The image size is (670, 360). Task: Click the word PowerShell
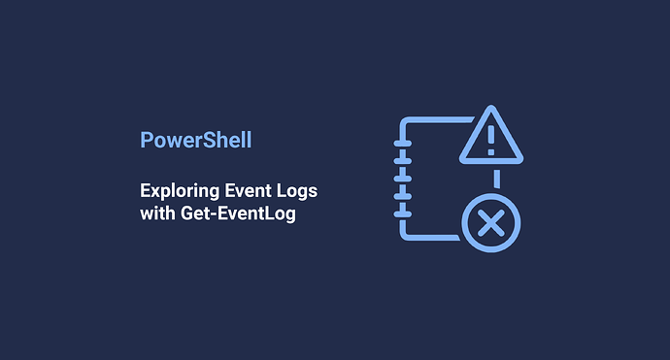[195, 140]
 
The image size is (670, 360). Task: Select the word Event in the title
[249, 191]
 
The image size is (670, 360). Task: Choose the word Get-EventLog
[237, 213]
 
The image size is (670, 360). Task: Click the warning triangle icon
[490, 138]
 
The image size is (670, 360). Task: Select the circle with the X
[490, 225]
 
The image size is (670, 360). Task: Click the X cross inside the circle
[490, 225]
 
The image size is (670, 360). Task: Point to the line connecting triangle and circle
[496, 179]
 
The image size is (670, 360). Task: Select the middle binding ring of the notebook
[401, 178]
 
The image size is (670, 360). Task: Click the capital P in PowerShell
[147, 140]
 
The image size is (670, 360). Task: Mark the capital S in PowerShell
[207, 140]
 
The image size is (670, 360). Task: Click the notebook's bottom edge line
[427, 236]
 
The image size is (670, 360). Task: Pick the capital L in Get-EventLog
[273, 213]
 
